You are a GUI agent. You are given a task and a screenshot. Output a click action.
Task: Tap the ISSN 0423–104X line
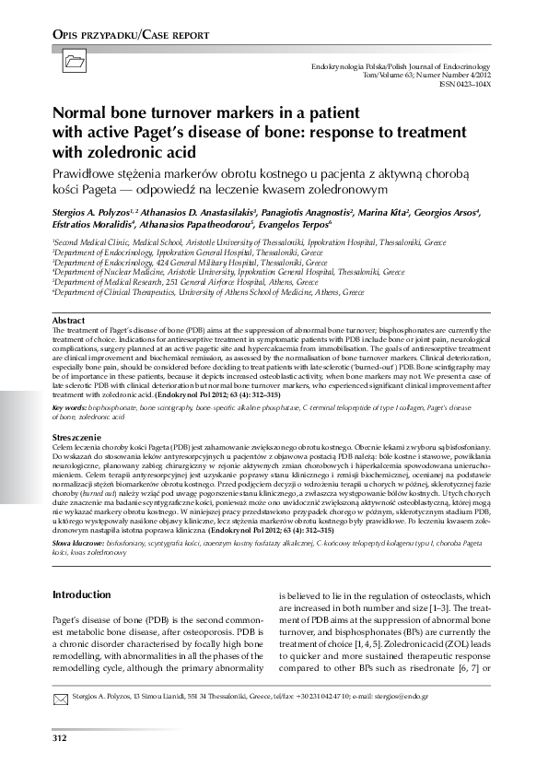pos(466,84)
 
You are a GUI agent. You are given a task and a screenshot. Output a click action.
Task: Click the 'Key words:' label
pos(70,406)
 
